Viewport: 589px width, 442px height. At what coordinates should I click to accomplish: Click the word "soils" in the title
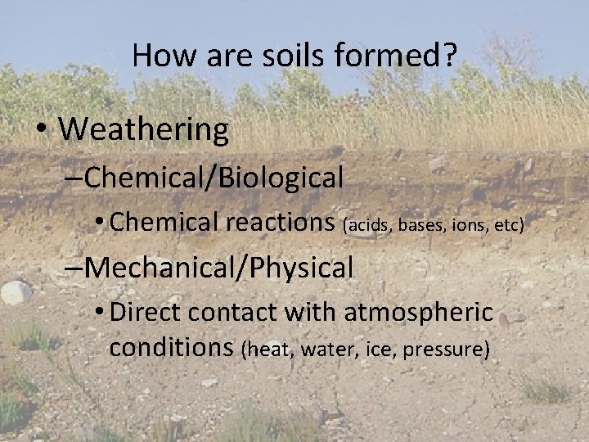point(287,56)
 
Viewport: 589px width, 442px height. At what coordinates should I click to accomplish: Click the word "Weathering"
point(144,129)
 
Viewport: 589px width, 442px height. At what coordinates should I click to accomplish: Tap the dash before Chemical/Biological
point(72,178)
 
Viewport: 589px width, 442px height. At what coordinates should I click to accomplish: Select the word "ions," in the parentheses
point(467,223)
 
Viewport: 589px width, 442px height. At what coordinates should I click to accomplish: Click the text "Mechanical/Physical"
point(218,267)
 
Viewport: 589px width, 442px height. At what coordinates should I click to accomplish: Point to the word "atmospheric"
point(419,313)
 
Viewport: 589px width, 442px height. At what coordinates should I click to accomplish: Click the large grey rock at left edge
point(15,292)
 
